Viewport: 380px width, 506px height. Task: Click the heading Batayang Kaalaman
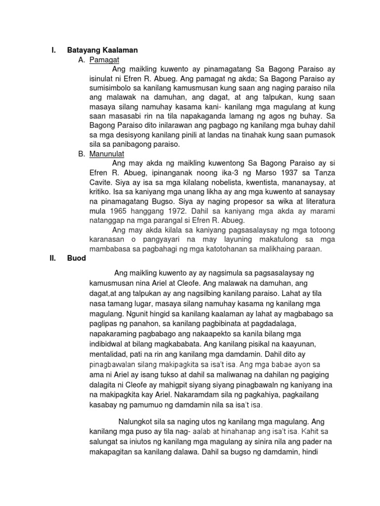[x=102, y=50]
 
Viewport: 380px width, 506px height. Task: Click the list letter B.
[x=82, y=154]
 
